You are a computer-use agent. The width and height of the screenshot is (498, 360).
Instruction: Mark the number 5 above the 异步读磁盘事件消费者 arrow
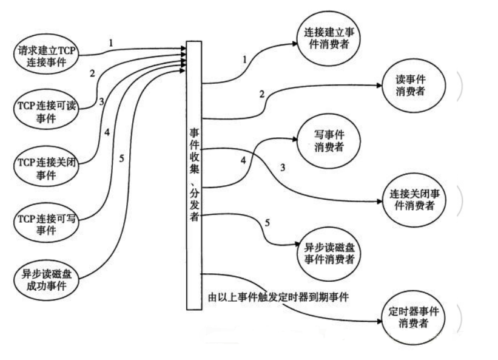[267, 222]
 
